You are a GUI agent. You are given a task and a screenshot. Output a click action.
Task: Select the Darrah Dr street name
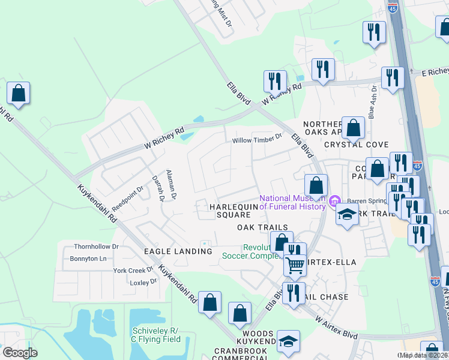coord(158,188)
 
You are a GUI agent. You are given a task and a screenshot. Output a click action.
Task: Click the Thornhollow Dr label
coord(96,247)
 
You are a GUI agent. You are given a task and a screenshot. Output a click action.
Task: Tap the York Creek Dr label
coord(134,271)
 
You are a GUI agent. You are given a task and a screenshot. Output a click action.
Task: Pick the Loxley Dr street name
coord(143,281)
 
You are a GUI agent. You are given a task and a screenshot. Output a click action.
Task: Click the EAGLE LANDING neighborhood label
coord(178,251)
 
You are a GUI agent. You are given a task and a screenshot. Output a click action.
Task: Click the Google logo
coord(20,353)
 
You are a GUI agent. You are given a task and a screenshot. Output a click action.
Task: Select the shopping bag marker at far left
coord(19,94)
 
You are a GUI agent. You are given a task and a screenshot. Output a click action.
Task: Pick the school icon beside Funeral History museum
coord(347,215)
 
